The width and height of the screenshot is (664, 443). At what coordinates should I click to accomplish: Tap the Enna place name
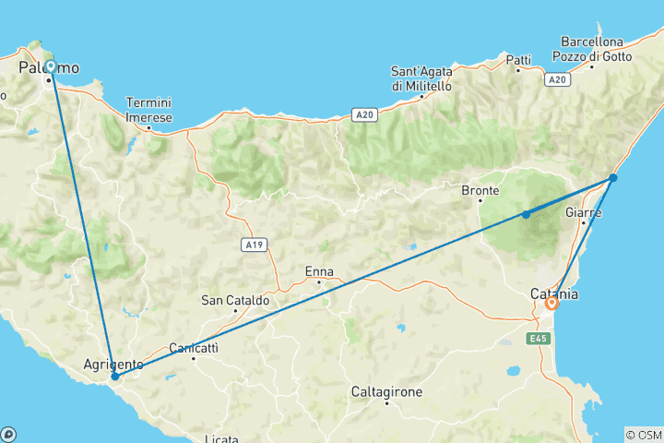tap(318, 272)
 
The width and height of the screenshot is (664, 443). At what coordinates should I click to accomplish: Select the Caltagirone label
tap(386, 392)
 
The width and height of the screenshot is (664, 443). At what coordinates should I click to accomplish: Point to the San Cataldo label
tap(235, 300)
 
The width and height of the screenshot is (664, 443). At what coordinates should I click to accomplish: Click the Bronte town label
tap(480, 191)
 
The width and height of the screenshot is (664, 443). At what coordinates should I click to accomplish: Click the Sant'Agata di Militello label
tap(421, 78)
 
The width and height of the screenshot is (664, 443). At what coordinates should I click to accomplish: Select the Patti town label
tap(518, 60)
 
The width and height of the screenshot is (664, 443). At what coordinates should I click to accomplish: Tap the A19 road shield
tap(255, 245)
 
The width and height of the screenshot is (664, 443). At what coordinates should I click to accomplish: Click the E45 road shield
tap(540, 339)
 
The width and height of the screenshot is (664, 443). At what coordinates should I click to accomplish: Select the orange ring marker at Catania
tap(551, 303)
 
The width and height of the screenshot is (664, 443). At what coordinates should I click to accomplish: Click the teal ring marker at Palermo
tap(50, 66)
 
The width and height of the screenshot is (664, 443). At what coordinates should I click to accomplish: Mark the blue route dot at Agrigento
tap(114, 377)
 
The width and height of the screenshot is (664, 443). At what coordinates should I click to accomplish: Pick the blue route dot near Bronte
tap(526, 214)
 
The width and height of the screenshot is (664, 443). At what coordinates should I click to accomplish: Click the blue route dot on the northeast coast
tap(613, 177)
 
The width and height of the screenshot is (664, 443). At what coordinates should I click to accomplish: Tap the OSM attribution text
tap(644, 434)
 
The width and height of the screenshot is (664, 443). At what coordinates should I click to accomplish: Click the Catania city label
tap(555, 293)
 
